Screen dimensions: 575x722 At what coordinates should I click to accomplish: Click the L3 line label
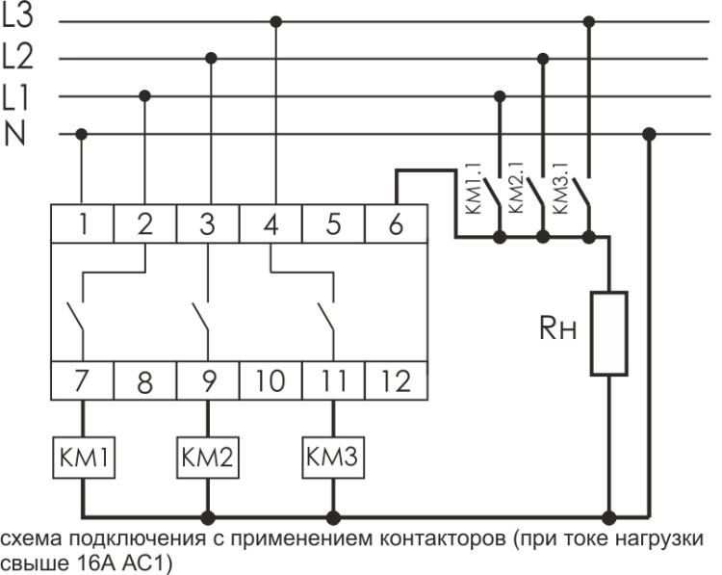pos(18,18)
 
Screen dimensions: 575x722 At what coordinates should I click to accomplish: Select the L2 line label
pos(18,57)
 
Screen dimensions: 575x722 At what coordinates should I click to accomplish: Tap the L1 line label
pos(16,95)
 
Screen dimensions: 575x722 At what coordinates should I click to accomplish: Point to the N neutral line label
pos(14,134)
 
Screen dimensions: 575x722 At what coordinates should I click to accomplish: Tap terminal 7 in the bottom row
pos(83,380)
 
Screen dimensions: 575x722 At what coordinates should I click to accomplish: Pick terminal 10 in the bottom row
pos(271,380)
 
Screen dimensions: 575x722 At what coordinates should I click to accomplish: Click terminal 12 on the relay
pos(396,380)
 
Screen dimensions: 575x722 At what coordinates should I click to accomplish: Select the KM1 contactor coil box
pos(83,457)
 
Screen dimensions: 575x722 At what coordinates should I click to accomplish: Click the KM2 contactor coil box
pos(207,457)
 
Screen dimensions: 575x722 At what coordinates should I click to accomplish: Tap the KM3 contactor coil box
pos(333,457)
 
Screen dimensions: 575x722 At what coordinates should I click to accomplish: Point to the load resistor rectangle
pos(608,332)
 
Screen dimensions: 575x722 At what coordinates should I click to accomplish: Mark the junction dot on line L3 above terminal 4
pos(276,20)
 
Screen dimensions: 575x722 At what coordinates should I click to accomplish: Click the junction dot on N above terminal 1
pos(82,134)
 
